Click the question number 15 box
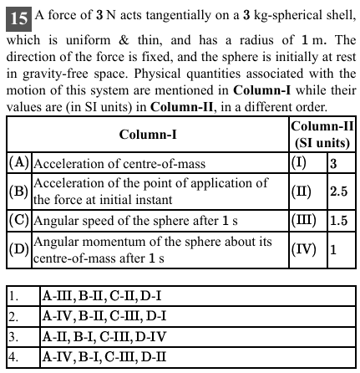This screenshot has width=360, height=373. click(x=14, y=16)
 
